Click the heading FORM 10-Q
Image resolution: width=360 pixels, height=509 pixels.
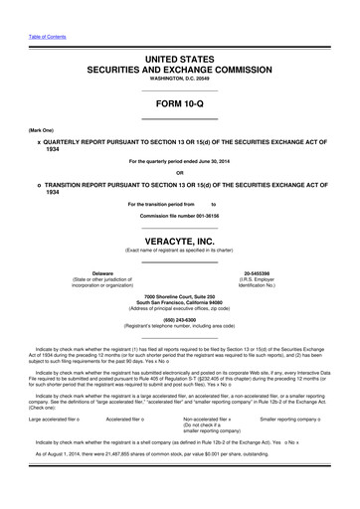(179, 104)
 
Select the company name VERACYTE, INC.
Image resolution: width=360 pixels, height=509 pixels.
(179, 241)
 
